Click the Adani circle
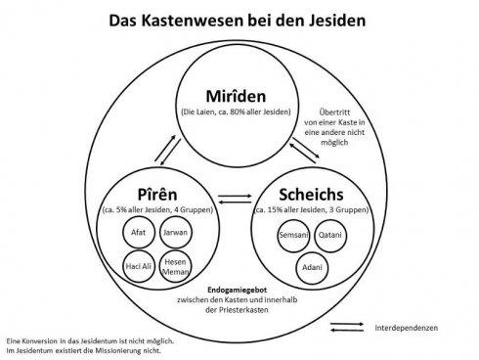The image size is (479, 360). click(313, 268)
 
